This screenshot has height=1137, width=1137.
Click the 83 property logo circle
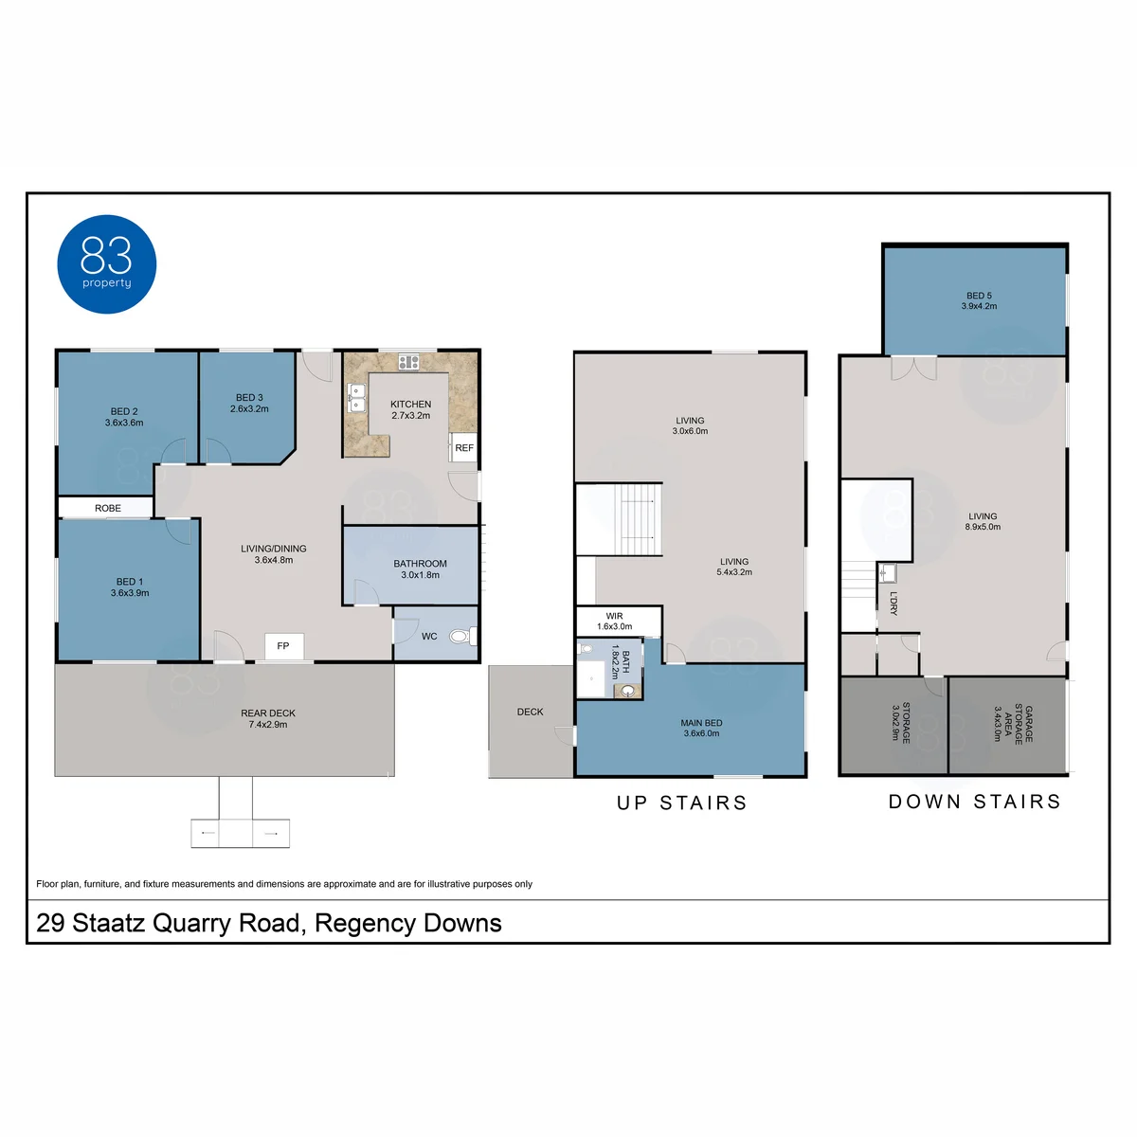pyautogui.click(x=107, y=263)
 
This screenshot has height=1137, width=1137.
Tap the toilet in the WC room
pyautogui.click(x=460, y=636)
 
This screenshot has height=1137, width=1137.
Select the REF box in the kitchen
pyautogui.click(x=463, y=447)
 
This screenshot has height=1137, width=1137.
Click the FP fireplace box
pyautogui.click(x=284, y=646)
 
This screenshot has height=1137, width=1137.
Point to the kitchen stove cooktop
pyautogui.click(x=408, y=362)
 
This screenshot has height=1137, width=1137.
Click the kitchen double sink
pyautogui.click(x=357, y=398)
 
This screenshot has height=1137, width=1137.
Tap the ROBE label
pyautogui.click(x=108, y=508)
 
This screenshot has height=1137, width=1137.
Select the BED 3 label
pyautogui.click(x=249, y=398)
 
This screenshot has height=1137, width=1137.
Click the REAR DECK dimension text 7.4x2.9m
pyautogui.click(x=268, y=725)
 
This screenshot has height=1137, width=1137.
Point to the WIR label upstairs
pyautogui.click(x=614, y=616)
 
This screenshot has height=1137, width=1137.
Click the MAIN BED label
pyautogui.click(x=701, y=723)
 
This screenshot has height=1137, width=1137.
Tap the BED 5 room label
pyautogui.click(x=979, y=296)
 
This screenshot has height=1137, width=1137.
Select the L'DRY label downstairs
pyautogui.click(x=893, y=603)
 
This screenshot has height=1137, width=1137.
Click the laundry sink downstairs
pyautogui.click(x=887, y=573)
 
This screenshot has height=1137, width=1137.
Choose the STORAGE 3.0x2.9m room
pyautogui.click(x=893, y=725)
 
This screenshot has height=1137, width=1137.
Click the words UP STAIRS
pyautogui.click(x=682, y=803)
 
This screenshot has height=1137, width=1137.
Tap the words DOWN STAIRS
pyautogui.click(x=975, y=802)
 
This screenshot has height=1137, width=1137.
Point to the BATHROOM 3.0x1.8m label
pyautogui.click(x=420, y=568)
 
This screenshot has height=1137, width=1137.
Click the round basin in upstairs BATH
pyautogui.click(x=628, y=691)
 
